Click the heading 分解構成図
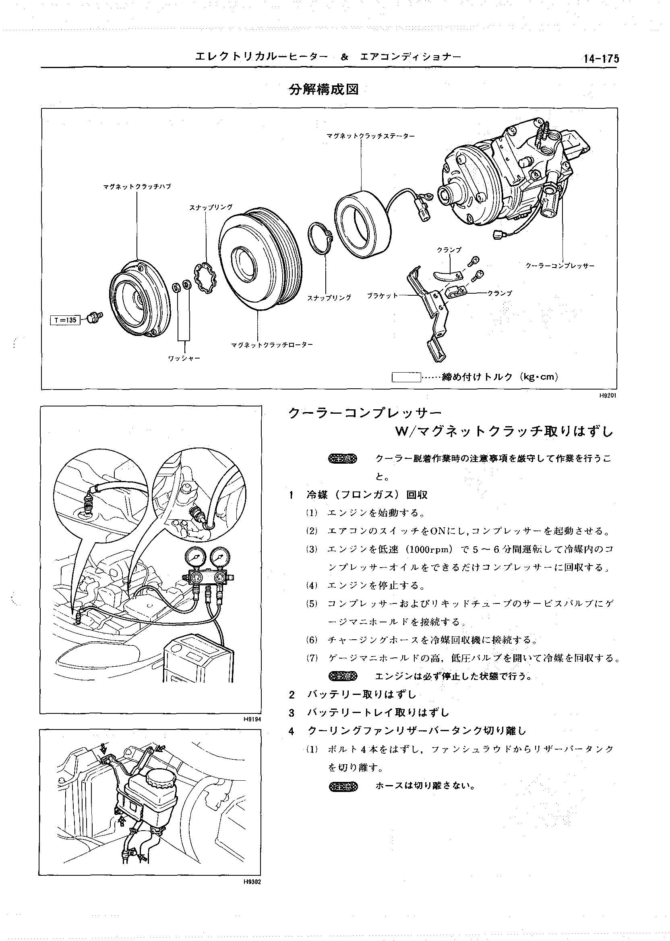point(323,89)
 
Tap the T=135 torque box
point(64,320)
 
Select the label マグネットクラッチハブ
point(137,187)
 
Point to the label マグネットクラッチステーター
point(370,135)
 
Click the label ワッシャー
point(184,358)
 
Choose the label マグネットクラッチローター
point(272,345)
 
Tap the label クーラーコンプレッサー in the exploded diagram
point(560,266)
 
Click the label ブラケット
point(383,296)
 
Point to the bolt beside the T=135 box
point(96,317)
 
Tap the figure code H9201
point(608,396)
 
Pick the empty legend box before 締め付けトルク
point(406,377)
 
